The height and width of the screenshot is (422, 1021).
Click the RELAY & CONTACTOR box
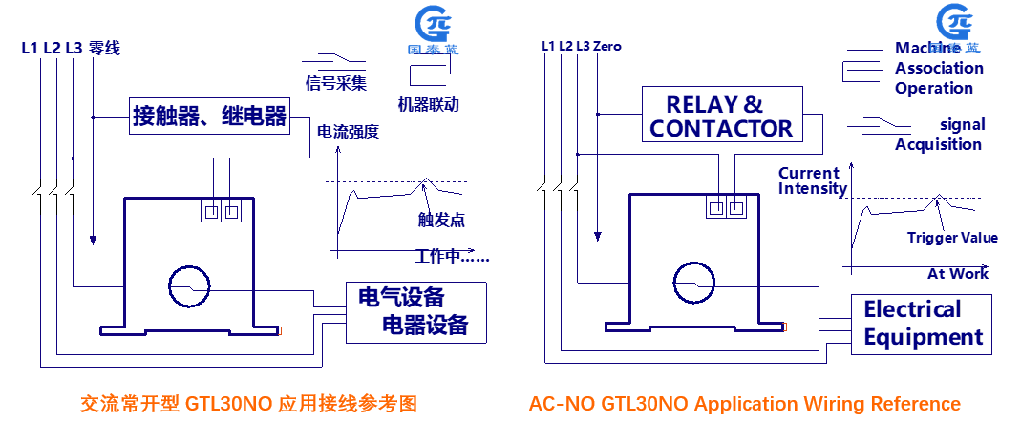[720, 116]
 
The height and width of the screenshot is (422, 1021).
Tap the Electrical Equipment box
[922, 323]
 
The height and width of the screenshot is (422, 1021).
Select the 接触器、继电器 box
[209, 116]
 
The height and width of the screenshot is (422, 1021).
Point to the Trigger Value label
[952, 238]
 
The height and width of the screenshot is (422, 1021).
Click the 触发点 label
[441, 220]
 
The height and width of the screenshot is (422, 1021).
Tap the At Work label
[958, 273]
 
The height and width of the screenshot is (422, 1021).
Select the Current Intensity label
[812, 180]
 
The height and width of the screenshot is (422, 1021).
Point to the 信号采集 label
[336, 83]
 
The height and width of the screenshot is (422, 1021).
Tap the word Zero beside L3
[607, 46]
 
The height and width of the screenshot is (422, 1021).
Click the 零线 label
[104, 47]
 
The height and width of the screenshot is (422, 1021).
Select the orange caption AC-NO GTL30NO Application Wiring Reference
[744, 403]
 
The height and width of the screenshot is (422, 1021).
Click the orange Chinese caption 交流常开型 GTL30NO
[248, 403]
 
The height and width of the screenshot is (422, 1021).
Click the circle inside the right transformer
[693, 283]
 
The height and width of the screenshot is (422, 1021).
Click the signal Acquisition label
[939, 135]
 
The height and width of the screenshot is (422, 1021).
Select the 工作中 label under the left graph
[452, 256]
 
